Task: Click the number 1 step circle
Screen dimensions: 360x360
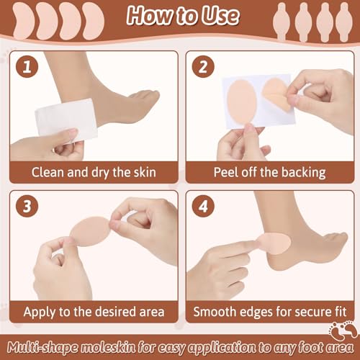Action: coord(27,66)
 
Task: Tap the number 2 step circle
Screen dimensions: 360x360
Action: coord(203,66)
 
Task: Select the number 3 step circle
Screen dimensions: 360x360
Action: coord(27,206)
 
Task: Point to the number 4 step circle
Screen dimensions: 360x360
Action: coord(203,206)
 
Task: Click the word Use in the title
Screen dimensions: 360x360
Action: coord(220,16)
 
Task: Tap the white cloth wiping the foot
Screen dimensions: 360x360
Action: coord(66,120)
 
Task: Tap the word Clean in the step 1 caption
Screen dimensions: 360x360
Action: coord(48,172)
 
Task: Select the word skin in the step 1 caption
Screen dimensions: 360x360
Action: coord(145,172)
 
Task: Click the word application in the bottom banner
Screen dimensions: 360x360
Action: coord(222,348)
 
